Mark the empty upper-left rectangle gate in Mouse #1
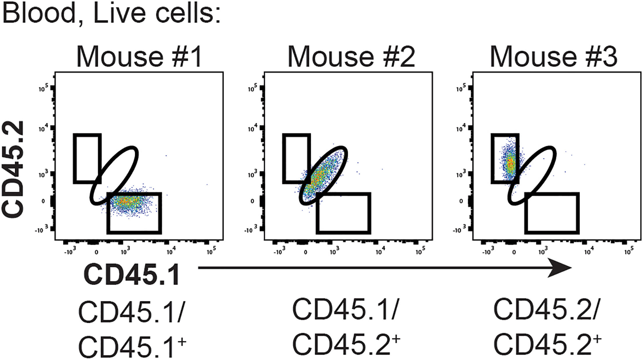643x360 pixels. click(x=87, y=159)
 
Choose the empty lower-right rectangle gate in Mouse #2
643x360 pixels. click(x=343, y=213)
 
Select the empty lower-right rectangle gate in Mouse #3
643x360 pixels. click(x=552, y=213)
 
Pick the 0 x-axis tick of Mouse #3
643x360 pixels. click(x=514, y=252)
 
